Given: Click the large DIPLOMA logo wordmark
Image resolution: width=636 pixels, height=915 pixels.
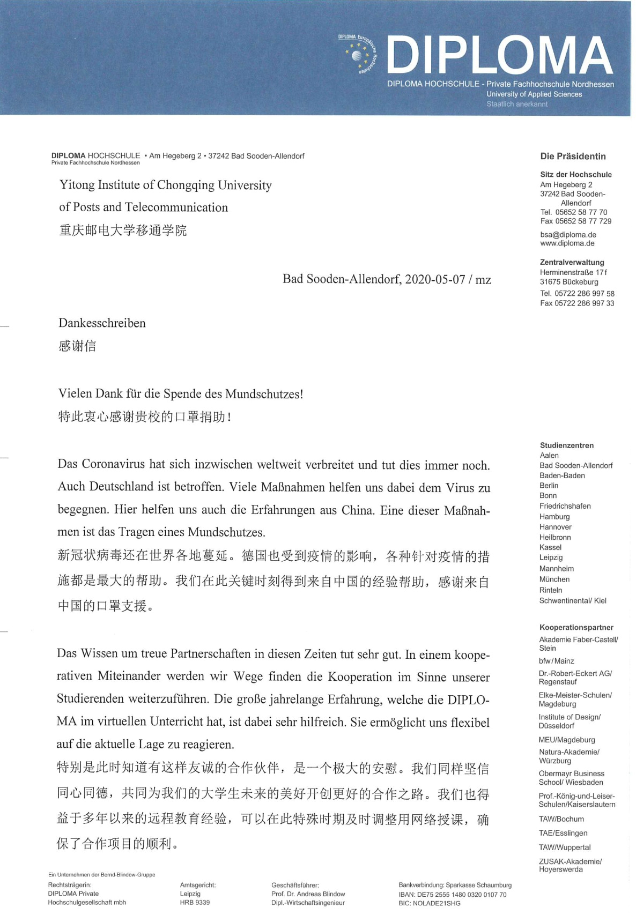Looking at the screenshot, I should [499, 55].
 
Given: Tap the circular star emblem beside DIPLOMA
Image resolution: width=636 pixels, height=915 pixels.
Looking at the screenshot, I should [358, 55].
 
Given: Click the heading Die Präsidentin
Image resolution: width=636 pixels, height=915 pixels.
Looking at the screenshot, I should [573, 157].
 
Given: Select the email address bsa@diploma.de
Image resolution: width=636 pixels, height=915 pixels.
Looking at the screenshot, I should [568, 235].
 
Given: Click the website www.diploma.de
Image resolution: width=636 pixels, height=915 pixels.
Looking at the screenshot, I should [567, 243].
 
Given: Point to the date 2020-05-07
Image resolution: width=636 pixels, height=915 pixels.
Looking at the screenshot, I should [435, 279].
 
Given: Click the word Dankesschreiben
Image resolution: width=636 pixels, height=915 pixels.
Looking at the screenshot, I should [102, 323].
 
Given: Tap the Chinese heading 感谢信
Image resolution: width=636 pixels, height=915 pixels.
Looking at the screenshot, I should [77, 346].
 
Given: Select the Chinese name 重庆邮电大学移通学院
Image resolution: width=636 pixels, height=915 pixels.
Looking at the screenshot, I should [123, 230].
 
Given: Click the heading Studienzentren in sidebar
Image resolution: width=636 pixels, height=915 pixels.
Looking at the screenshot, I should [566, 445].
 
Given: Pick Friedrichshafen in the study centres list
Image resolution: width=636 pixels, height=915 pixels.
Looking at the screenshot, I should [565, 506].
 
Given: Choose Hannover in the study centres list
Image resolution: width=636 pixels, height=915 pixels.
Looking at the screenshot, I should [556, 527].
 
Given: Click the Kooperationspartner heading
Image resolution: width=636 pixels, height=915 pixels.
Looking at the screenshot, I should [576, 628].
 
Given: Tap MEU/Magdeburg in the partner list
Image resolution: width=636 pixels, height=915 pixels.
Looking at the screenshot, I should [567, 740].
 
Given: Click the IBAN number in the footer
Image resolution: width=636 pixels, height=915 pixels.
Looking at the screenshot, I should [453, 895].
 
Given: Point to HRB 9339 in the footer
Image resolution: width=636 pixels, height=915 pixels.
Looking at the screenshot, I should [195, 903].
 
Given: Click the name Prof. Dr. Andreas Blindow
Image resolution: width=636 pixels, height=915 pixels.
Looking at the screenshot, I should [308, 894].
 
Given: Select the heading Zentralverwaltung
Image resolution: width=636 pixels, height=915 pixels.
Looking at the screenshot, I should [572, 263].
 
